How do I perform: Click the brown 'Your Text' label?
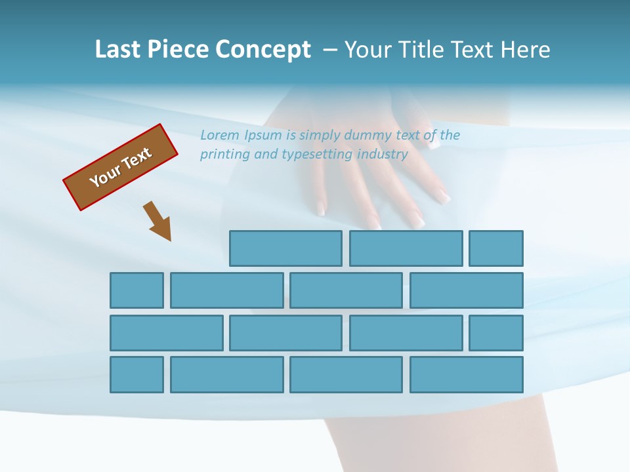(120, 167)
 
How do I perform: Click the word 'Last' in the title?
(118, 49)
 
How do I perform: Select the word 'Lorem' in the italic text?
(220, 135)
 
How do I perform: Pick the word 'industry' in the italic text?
(383, 154)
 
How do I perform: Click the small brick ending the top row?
(496, 248)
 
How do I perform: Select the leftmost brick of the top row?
(285, 248)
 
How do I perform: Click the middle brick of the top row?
(406, 248)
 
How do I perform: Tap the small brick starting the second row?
(136, 290)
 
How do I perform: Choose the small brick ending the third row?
(496, 332)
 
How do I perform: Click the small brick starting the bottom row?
(136, 374)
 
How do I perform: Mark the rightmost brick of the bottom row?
(467, 374)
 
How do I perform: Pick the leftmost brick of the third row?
(166, 332)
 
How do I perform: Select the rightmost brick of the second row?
(467, 290)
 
